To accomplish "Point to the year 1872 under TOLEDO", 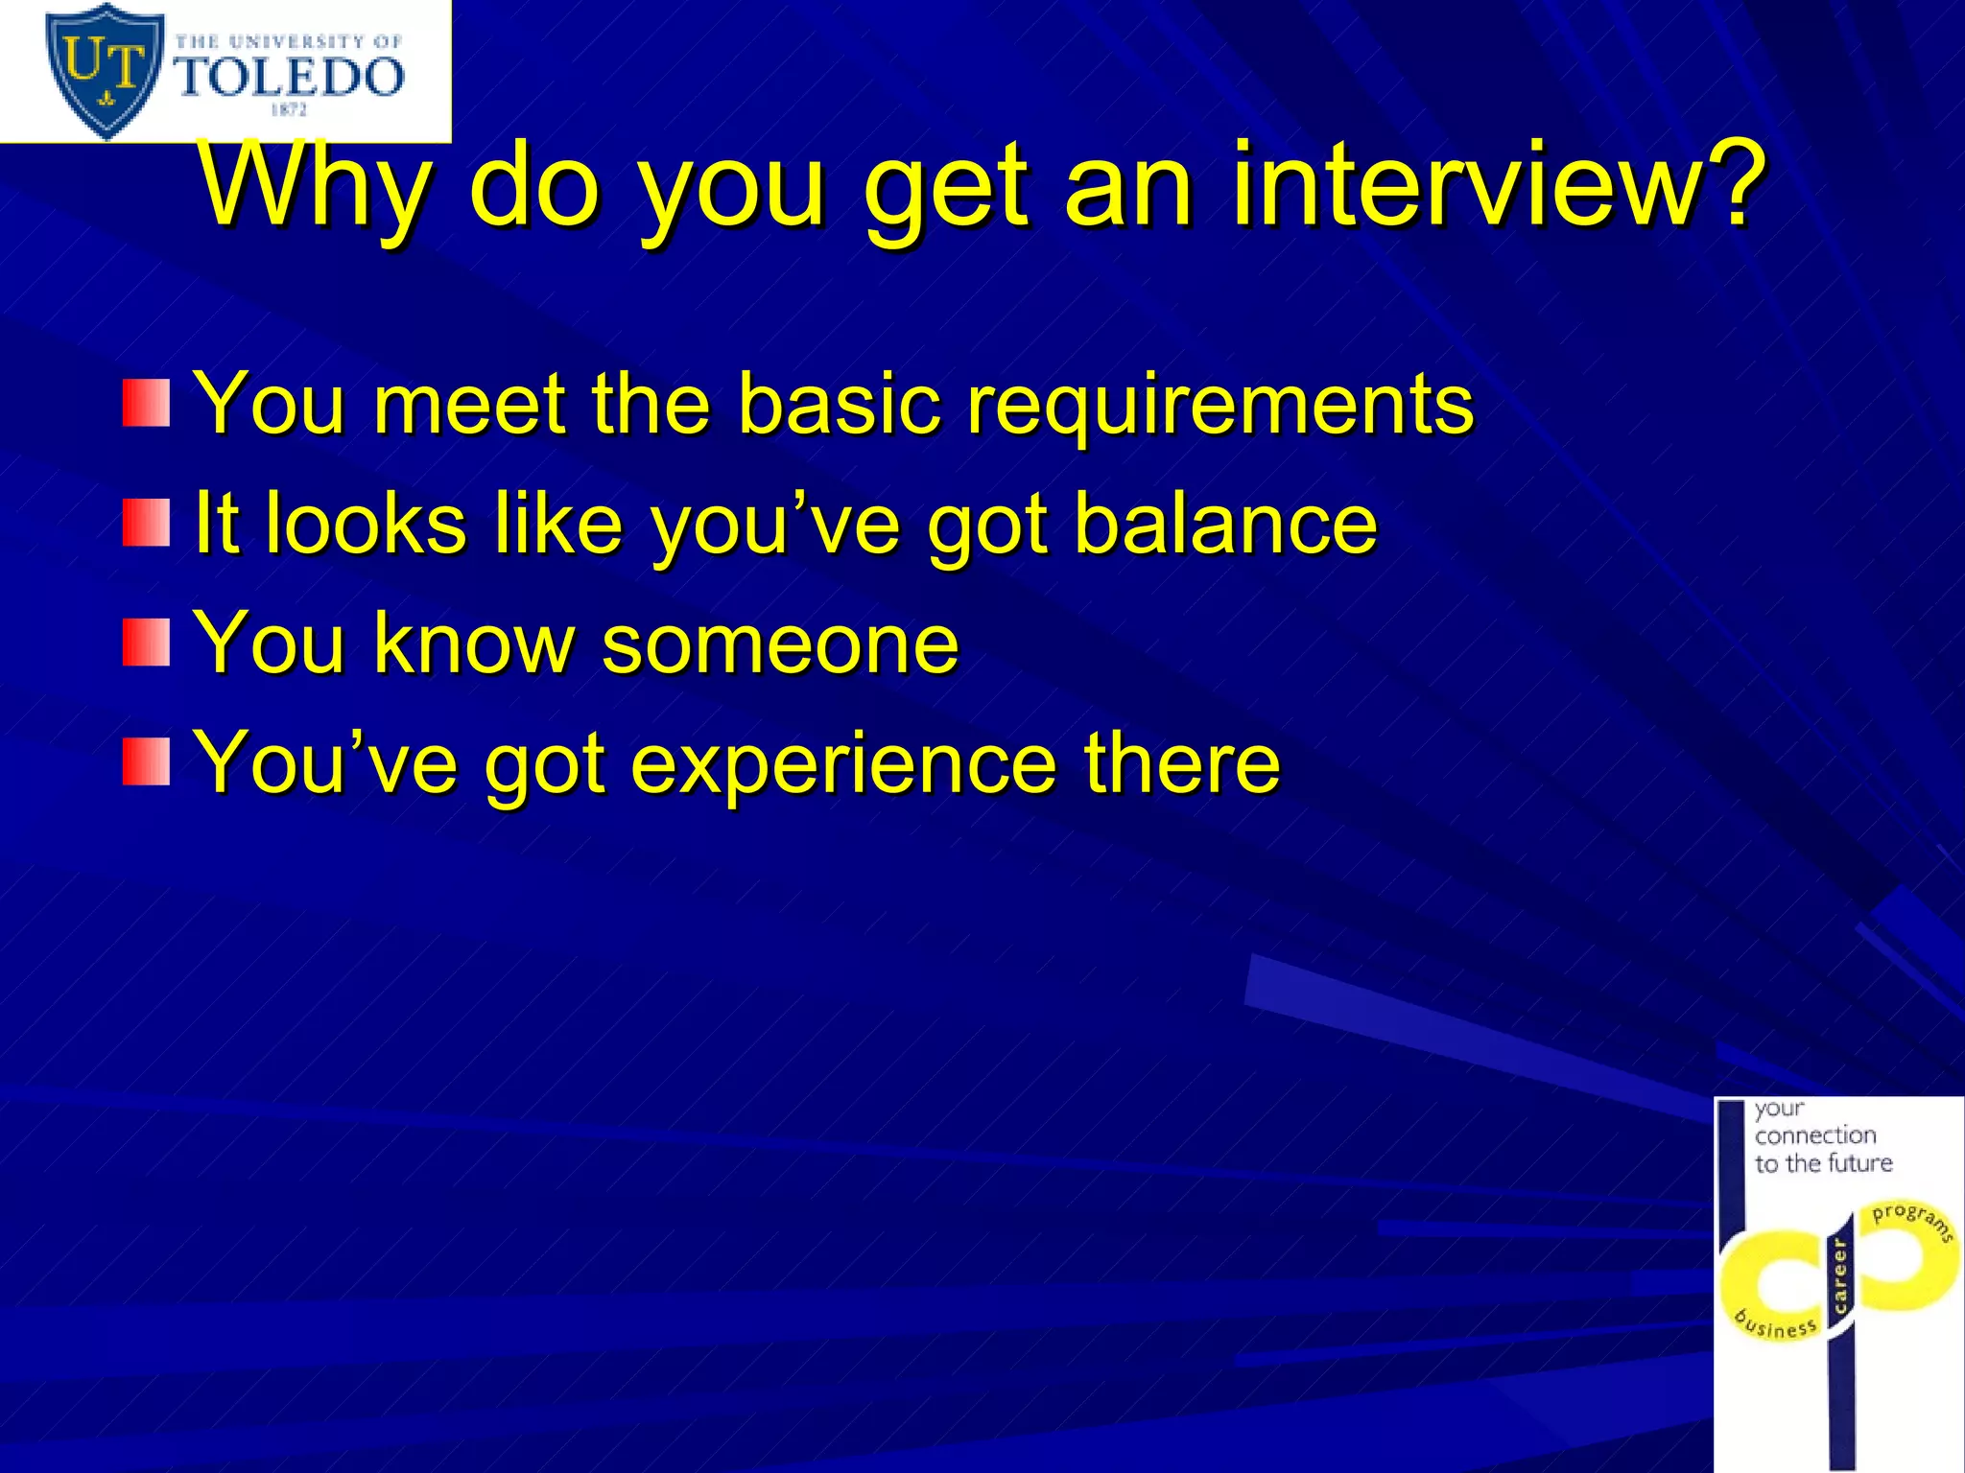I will point(289,110).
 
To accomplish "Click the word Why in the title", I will point(312,184).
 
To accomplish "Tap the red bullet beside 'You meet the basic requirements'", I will point(146,403).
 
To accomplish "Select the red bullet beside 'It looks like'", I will point(146,524).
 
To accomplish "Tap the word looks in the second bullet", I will point(366,524).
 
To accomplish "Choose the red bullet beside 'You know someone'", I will point(146,643).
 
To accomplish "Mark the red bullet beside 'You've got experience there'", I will point(146,762).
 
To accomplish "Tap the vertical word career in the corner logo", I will point(1839,1275).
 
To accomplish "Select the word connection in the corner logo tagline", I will point(1815,1135).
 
